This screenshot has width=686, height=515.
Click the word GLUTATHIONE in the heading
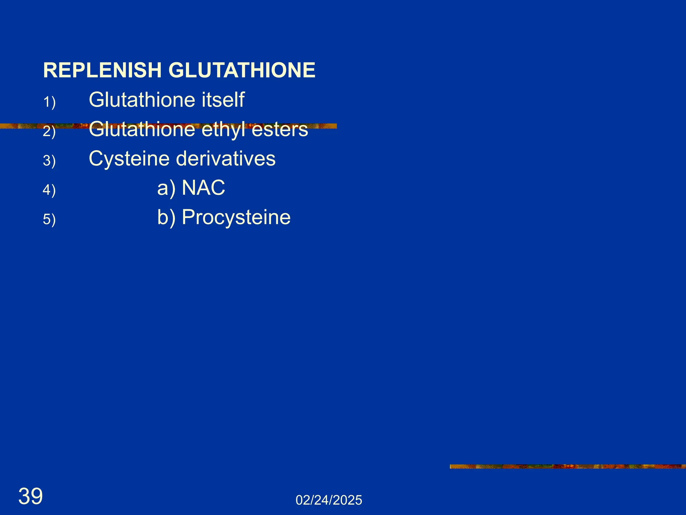[x=242, y=70]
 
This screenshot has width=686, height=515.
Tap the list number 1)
[x=49, y=102]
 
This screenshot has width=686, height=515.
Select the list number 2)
[x=49, y=131]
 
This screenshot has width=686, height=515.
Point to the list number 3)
[x=49, y=161]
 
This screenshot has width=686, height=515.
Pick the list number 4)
[x=49, y=190]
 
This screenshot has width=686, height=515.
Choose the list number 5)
[x=49, y=220]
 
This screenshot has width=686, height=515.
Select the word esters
[x=279, y=129]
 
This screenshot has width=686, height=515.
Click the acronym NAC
[x=203, y=187]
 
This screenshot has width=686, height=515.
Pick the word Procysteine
[x=236, y=217]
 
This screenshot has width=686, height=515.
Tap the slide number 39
[x=30, y=496]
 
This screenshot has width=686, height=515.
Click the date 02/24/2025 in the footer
[x=329, y=500]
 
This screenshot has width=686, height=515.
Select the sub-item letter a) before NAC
[x=166, y=188]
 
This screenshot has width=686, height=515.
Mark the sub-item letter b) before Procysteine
[x=166, y=217]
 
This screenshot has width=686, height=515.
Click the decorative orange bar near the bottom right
[x=567, y=466]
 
